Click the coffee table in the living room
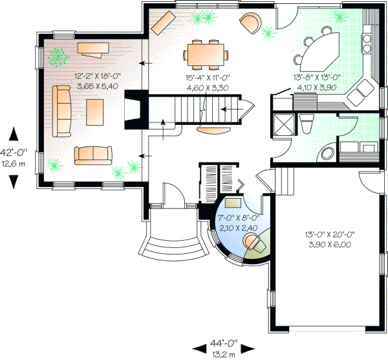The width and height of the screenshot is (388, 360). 94,111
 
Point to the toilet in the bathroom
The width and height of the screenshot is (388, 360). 307,124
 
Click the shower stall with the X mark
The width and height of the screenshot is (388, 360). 283,124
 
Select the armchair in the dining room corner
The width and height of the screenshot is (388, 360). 251,24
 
